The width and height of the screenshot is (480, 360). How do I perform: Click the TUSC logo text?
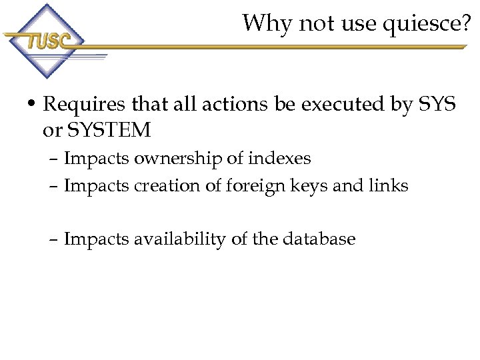[47, 41]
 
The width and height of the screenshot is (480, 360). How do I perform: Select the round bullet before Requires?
[31, 105]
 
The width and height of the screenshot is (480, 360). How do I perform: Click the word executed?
[329, 105]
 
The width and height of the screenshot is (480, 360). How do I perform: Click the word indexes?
[279, 159]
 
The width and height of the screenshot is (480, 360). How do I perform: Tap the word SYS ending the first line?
[437, 105]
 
